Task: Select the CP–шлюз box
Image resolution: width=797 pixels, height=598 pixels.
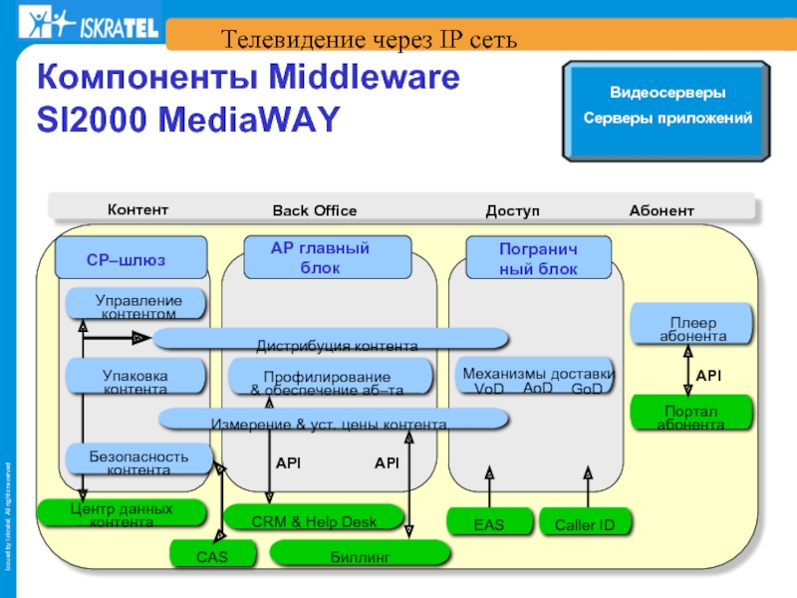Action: click(131, 258)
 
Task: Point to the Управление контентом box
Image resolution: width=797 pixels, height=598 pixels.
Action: click(137, 305)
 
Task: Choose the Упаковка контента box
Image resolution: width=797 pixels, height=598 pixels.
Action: click(135, 378)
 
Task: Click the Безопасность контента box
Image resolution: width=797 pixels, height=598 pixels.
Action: click(138, 460)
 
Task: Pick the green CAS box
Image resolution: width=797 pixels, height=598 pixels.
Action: click(212, 554)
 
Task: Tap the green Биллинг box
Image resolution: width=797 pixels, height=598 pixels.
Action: click(360, 554)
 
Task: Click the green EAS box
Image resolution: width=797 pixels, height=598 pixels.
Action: click(489, 522)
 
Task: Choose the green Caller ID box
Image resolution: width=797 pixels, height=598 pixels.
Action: click(585, 522)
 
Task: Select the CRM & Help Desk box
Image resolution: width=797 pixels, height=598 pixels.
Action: click(315, 518)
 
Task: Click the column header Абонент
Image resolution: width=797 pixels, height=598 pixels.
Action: click(661, 210)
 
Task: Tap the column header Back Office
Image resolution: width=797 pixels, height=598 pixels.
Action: click(315, 210)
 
